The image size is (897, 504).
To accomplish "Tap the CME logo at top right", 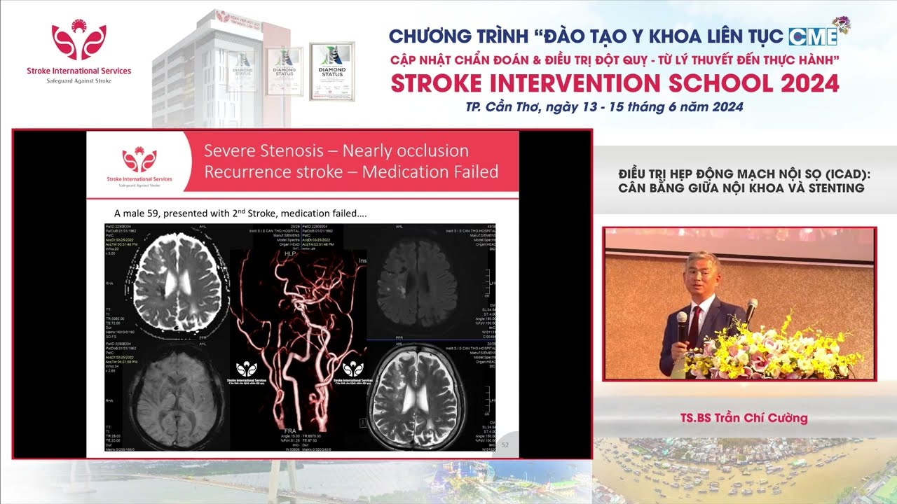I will tap(813, 36).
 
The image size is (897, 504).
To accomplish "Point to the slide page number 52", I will tap(505, 444).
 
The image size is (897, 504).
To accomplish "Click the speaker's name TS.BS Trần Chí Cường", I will tap(744, 419).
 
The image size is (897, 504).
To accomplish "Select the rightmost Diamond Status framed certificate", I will tap(332, 71).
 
